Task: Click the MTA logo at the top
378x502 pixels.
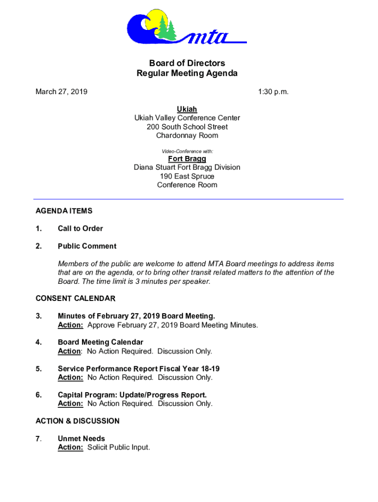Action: [x=187, y=28]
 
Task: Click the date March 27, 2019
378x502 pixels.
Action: [x=61, y=91]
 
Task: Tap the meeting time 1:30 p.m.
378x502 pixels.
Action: [x=273, y=91]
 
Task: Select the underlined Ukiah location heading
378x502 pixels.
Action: [x=187, y=109]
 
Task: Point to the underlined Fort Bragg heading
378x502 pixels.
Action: [x=187, y=159]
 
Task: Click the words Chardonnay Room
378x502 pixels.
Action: [x=187, y=135]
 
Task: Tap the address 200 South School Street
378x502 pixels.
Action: [x=187, y=126]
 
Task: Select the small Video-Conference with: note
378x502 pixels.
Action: [x=187, y=151]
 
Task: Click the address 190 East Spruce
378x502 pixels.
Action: [x=187, y=176]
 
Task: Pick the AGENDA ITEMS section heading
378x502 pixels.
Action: [x=64, y=211]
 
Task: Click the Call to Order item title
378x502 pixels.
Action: [x=80, y=228]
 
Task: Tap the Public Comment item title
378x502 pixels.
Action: [x=87, y=246]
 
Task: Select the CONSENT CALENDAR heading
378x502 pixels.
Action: [x=76, y=299]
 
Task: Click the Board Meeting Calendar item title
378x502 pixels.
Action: [x=100, y=342]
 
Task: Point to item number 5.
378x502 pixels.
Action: [x=39, y=369]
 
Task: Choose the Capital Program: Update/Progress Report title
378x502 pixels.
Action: [x=132, y=395]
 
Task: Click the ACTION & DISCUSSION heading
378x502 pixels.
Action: [x=78, y=421]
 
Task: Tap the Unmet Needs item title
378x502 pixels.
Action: [x=81, y=439]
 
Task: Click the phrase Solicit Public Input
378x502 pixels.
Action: [x=118, y=448]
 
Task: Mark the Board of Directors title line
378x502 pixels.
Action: [x=187, y=63]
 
